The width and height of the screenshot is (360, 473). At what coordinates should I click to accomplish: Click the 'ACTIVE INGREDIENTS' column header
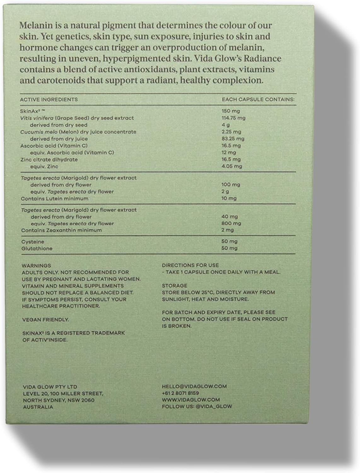[49, 99]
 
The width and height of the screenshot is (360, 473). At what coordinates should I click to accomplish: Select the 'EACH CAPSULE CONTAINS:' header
[258, 99]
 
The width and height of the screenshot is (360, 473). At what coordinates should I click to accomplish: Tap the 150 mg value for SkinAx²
[231, 111]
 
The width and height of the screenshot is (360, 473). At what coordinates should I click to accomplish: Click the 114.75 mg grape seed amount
[234, 118]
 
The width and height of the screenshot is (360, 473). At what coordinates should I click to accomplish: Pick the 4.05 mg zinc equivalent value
[232, 166]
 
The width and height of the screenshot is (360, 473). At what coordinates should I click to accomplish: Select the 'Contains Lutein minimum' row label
[54, 199]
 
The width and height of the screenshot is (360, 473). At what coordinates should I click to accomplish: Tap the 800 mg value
[231, 223]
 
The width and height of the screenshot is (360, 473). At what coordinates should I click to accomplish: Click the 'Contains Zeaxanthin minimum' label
[61, 230]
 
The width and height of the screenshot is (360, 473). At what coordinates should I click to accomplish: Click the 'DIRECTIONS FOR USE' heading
[190, 266]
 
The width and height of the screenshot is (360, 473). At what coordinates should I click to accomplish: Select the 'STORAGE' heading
[174, 286]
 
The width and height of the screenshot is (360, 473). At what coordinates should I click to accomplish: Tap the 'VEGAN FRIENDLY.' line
[45, 320]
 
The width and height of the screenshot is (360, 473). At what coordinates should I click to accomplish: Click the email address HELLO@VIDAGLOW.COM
[194, 386]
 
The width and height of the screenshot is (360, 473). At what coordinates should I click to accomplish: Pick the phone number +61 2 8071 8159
[180, 393]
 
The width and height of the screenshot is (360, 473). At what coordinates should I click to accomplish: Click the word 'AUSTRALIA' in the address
[38, 407]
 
